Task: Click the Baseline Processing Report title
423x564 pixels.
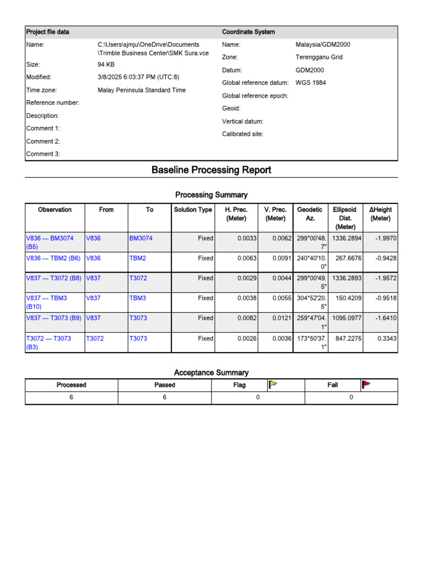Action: (211, 170)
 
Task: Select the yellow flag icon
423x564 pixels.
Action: (272, 384)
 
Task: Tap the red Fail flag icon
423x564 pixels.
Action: (366, 384)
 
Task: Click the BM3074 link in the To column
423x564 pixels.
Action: (141, 238)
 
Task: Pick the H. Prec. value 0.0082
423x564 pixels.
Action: (247, 318)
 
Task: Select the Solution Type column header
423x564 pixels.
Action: (193, 210)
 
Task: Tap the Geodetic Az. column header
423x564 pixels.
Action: (310, 214)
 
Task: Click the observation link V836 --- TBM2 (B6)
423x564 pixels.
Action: (53, 258)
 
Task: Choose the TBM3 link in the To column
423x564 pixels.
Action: (137, 298)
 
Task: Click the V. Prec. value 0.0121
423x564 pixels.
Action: (282, 318)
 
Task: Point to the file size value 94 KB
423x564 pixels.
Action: (106, 64)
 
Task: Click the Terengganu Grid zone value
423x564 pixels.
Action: (319, 57)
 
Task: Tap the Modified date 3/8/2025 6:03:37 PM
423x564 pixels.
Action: (138, 77)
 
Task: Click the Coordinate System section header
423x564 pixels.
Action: (248, 32)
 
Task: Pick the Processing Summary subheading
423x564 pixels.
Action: (211, 195)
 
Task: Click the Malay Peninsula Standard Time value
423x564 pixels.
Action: (142, 90)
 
